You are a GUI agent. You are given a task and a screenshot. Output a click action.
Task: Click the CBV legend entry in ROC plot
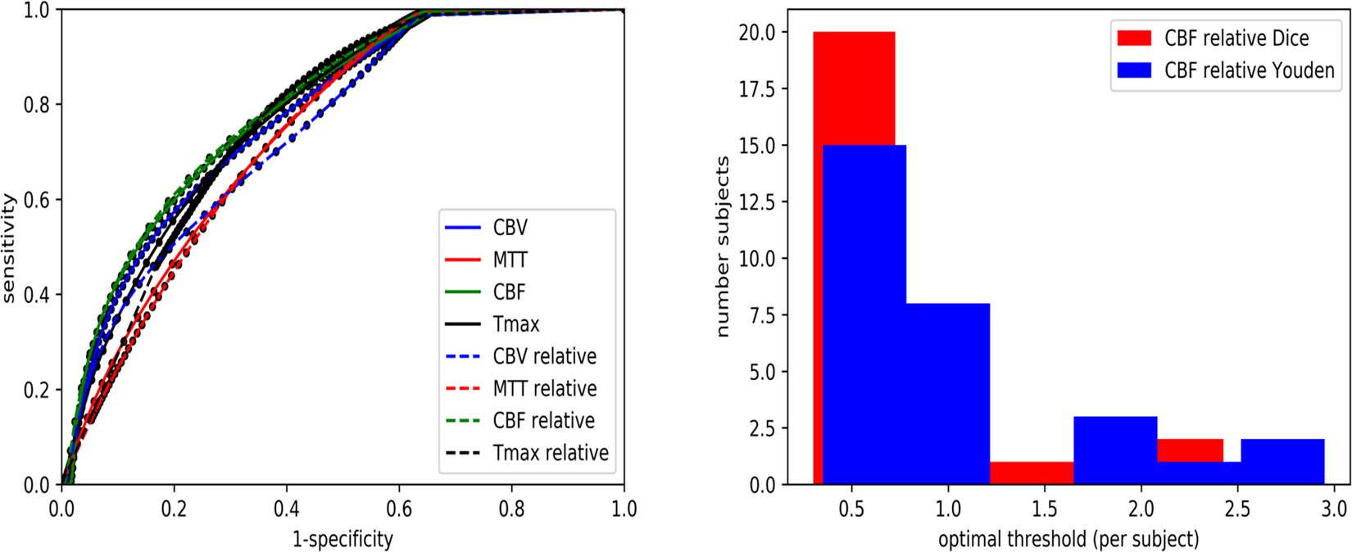pyautogui.click(x=510, y=228)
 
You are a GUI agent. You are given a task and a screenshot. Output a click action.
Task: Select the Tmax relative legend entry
pyautogui.click(x=550, y=453)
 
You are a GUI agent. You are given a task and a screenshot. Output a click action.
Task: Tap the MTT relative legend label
pyautogui.click(x=544, y=388)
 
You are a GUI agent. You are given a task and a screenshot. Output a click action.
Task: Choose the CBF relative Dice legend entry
pyautogui.click(x=1236, y=38)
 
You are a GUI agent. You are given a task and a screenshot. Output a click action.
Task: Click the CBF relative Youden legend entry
pyautogui.click(x=1249, y=70)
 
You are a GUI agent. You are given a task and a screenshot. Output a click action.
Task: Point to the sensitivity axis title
pyautogui.click(x=9, y=248)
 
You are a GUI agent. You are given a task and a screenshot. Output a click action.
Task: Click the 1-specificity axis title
pyautogui.click(x=343, y=539)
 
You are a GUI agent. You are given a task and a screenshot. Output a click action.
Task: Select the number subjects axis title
pyautogui.click(x=722, y=247)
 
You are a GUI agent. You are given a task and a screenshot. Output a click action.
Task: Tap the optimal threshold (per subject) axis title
pyautogui.click(x=1068, y=539)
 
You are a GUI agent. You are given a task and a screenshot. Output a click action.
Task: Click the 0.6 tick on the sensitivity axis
pyautogui.click(x=38, y=200)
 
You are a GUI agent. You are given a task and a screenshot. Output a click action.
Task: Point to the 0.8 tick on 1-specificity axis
pyautogui.click(x=511, y=509)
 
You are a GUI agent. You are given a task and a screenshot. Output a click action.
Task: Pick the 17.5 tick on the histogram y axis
pyautogui.click(x=758, y=88)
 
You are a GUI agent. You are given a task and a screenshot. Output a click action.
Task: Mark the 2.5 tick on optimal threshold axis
pyautogui.click(x=1237, y=509)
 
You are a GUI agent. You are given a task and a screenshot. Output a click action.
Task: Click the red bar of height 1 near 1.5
pyautogui.click(x=1031, y=473)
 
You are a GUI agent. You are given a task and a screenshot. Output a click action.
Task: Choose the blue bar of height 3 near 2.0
pyautogui.click(x=1114, y=450)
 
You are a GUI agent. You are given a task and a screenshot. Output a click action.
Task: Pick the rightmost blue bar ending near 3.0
pyautogui.click(x=1282, y=462)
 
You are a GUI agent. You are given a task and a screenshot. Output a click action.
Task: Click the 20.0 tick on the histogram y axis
pyautogui.click(x=758, y=32)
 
